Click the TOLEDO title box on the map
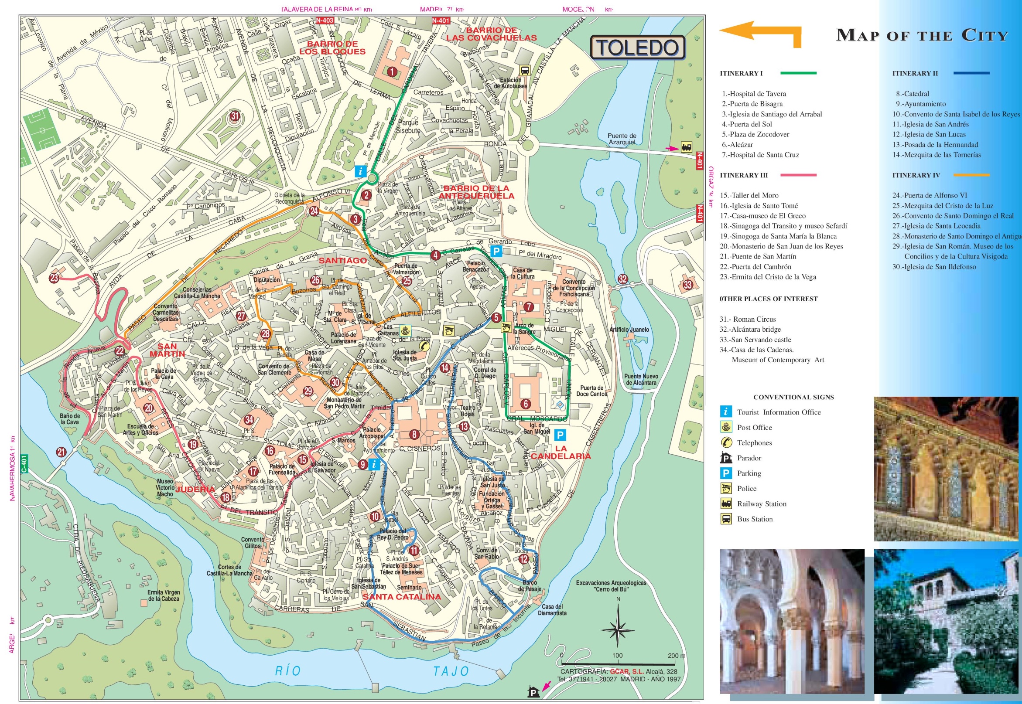point(637,48)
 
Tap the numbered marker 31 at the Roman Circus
point(235,117)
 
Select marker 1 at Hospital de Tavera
point(391,71)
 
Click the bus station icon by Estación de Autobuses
point(525,71)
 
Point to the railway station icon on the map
point(686,147)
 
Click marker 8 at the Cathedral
point(414,435)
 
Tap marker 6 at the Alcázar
point(525,404)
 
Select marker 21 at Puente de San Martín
point(61,452)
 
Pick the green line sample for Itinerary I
point(798,73)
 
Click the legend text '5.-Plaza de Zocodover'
point(755,135)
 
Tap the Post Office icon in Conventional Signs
point(726,427)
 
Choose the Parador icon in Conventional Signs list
point(726,458)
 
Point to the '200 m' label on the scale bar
point(676,656)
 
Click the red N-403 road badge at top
point(325,20)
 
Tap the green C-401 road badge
point(24,464)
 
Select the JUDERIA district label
point(195,489)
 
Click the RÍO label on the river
point(288,671)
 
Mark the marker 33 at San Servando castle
point(687,285)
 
